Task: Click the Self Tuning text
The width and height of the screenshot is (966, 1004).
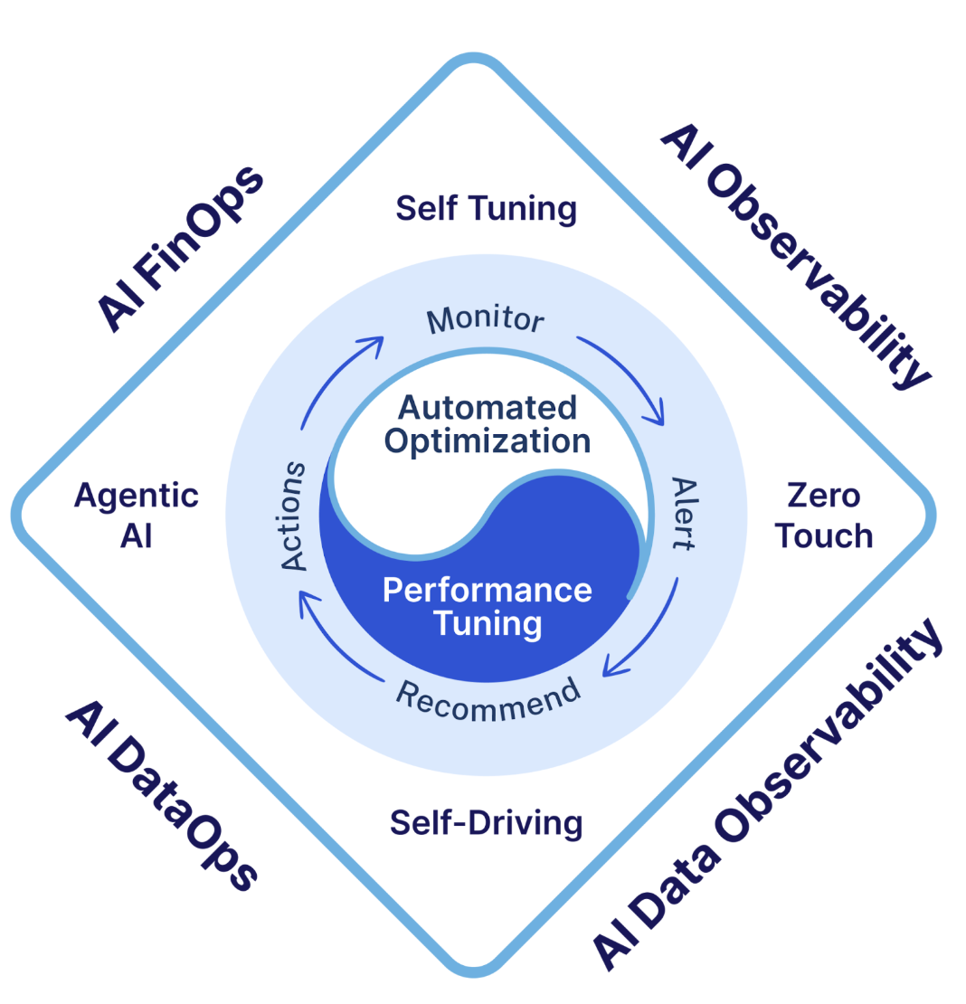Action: click(486, 209)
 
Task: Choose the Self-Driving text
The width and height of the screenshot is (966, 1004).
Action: click(486, 823)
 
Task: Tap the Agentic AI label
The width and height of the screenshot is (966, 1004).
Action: click(137, 515)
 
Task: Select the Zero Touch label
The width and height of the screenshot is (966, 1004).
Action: click(823, 515)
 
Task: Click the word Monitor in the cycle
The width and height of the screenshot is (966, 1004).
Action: click(486, 319)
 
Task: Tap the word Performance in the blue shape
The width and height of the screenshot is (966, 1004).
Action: click(487, 590)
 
